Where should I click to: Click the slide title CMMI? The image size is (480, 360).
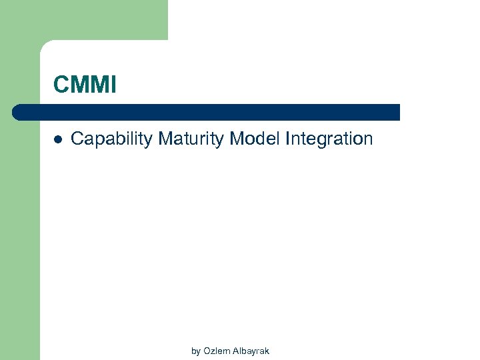[x=85, y=85]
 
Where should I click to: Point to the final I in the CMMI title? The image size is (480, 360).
[x=113, y=85]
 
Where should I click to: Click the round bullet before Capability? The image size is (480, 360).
[x=57, y=139]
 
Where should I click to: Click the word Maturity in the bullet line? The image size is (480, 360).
[x=191, y=139]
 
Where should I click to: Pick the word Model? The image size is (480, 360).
[x=255, y=139]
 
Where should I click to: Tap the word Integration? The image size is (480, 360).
[x=329, y=139]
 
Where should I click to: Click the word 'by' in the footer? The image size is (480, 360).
[x=196, y=351]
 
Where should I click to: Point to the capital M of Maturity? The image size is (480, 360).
[x=165, y=139]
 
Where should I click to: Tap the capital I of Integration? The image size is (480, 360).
[x=287, y=139]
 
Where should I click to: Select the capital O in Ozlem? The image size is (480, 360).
[x=207, y=351]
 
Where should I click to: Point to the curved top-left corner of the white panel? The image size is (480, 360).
[x=45, y=45]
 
